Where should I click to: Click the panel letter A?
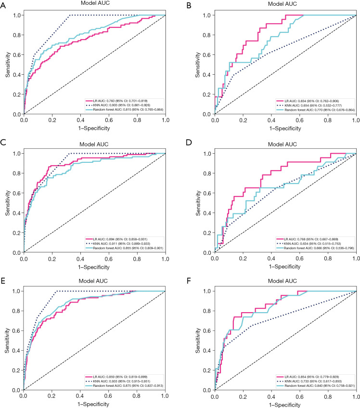click(3, 3)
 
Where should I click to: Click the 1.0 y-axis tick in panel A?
click(15, 15)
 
